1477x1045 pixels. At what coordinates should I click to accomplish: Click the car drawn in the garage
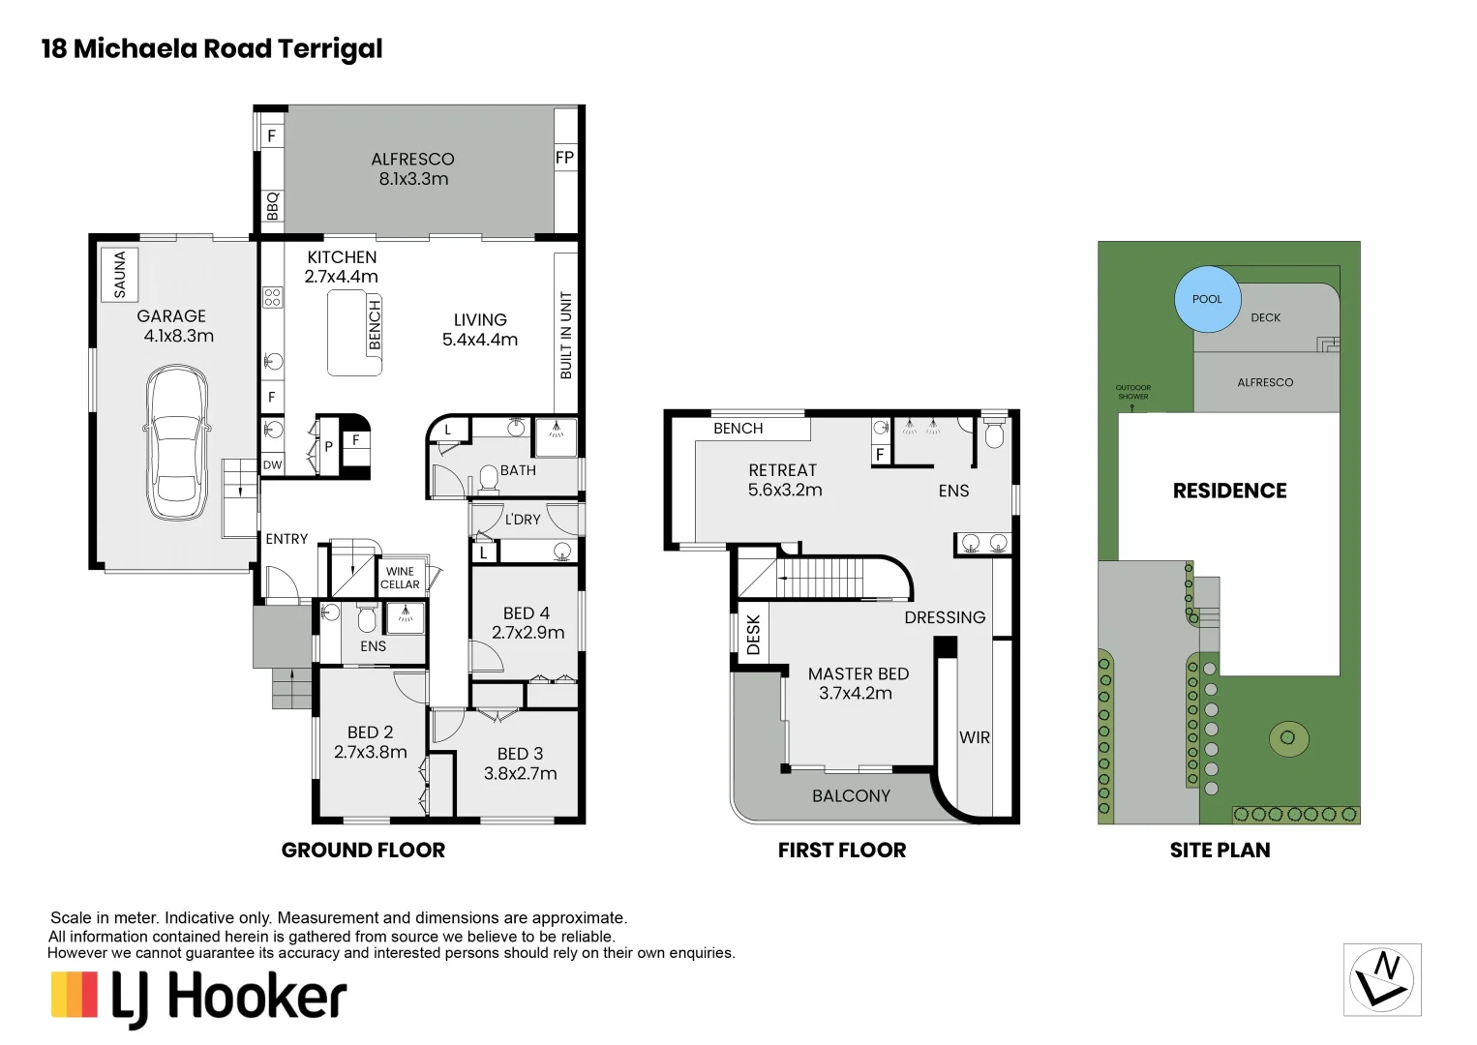click(176, 443)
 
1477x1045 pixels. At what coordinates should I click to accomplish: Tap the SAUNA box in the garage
click(120, 274)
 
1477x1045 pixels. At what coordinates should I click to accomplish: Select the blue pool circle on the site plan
click(1206, 299)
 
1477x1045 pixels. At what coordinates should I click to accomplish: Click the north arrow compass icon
click(1382, 979)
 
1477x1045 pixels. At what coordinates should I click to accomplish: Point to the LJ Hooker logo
click(198, 998)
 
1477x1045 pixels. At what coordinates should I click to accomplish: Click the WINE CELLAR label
click(400, 578)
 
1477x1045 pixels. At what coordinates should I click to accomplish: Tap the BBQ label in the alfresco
click(272, 205)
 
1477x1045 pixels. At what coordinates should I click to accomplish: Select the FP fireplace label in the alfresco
click(564, 157)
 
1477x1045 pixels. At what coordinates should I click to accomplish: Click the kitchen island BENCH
click(355, 332)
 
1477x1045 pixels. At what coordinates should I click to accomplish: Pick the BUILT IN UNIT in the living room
click(566, 335)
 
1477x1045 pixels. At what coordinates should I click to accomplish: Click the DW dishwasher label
click(273, 465)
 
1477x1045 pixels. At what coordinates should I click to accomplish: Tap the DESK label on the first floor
click(753, 635)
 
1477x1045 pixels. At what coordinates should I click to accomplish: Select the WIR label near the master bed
click(975, 737)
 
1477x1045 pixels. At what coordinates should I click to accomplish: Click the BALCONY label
click(851, 795)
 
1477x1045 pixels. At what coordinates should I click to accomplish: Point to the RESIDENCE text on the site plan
click(1229, 491)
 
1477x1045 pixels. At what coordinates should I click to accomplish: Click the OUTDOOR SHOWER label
click(1132, 392)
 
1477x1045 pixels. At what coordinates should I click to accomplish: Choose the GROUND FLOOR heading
click(363, 850)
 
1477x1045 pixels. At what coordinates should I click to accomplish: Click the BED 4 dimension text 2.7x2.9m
click(527, 633)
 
